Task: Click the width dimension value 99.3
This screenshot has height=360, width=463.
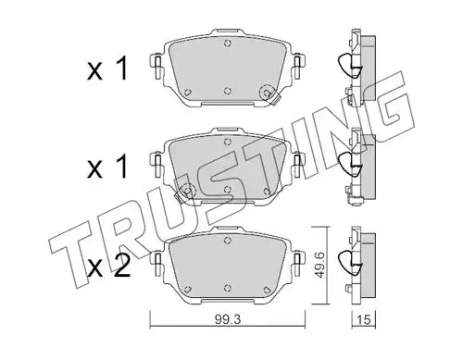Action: click(x=228, y=320)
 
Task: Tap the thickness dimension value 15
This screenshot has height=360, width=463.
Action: click(x=365, y=320)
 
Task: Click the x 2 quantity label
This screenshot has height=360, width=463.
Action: click(x=108, y=266)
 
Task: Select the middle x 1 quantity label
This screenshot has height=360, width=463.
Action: click(x=107, y=167)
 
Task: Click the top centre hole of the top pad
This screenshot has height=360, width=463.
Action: click(x=228, y=43)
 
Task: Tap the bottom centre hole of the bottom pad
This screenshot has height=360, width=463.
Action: click(x=228, y=287)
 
